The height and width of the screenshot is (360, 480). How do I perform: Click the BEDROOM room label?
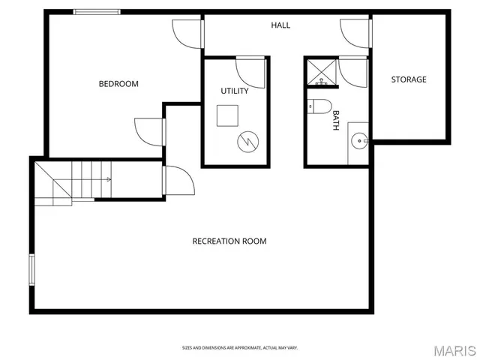(x=118, y=84)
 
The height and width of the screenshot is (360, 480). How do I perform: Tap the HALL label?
(x=280, y=25)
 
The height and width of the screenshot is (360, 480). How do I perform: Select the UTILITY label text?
(x=235, y=91)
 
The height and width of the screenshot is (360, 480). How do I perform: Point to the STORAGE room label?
(x=409, y=79)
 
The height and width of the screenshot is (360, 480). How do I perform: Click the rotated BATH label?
(x=336, y=121)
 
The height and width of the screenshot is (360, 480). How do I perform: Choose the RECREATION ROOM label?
(x=229, y=241)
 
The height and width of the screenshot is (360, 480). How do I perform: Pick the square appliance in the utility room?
(x=228, y=115)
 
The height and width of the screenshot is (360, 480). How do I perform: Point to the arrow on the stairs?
(x=107, y=179)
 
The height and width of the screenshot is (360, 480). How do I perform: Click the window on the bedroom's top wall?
(x=97, y=12)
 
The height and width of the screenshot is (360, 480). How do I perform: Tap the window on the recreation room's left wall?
(x=31, y=270)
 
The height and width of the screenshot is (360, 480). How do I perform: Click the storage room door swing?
(x=355, y=32)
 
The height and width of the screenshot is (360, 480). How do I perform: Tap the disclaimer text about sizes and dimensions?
(x=240, y=348)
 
